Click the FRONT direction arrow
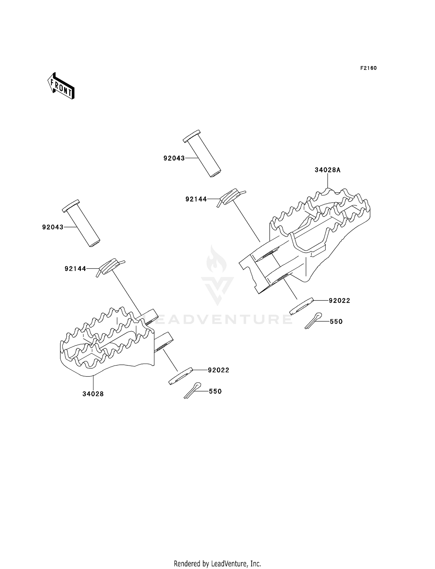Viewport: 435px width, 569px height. pyautogui.click(x=61, y=86)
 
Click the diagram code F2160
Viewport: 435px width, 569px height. pyautogui.click(x=368, y=68)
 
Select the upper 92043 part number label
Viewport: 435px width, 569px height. pyautogui.click(x=174, y=158)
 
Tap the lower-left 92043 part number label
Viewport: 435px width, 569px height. pyautogui.click(x=53, y=227)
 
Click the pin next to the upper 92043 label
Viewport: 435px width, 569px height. pyautogui.click(x=202, y=153)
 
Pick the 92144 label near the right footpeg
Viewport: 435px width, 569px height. pyautogui.click(x=196, y=199)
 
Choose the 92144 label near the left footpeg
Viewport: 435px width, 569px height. pyautogui.click(x=75, y=269)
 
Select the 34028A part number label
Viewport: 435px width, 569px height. pyautogui.click(x=328, y=170)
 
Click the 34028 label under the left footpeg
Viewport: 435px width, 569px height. pyautogui.click(x=93, y=394)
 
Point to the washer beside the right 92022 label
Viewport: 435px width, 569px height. pyautogui.click(x=302, y=306)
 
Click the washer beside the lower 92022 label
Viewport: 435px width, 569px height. pyautogui.click(x=180, y=376)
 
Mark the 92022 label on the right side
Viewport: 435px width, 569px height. pyautogui.click(x=339, y=301)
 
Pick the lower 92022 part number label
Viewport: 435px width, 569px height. pyautogui.click(x=218, y=370)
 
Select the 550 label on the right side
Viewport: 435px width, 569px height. pyautogui.click(x=336, y=322)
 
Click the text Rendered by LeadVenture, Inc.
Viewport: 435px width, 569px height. pyautogui.click(x=217, y=563)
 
